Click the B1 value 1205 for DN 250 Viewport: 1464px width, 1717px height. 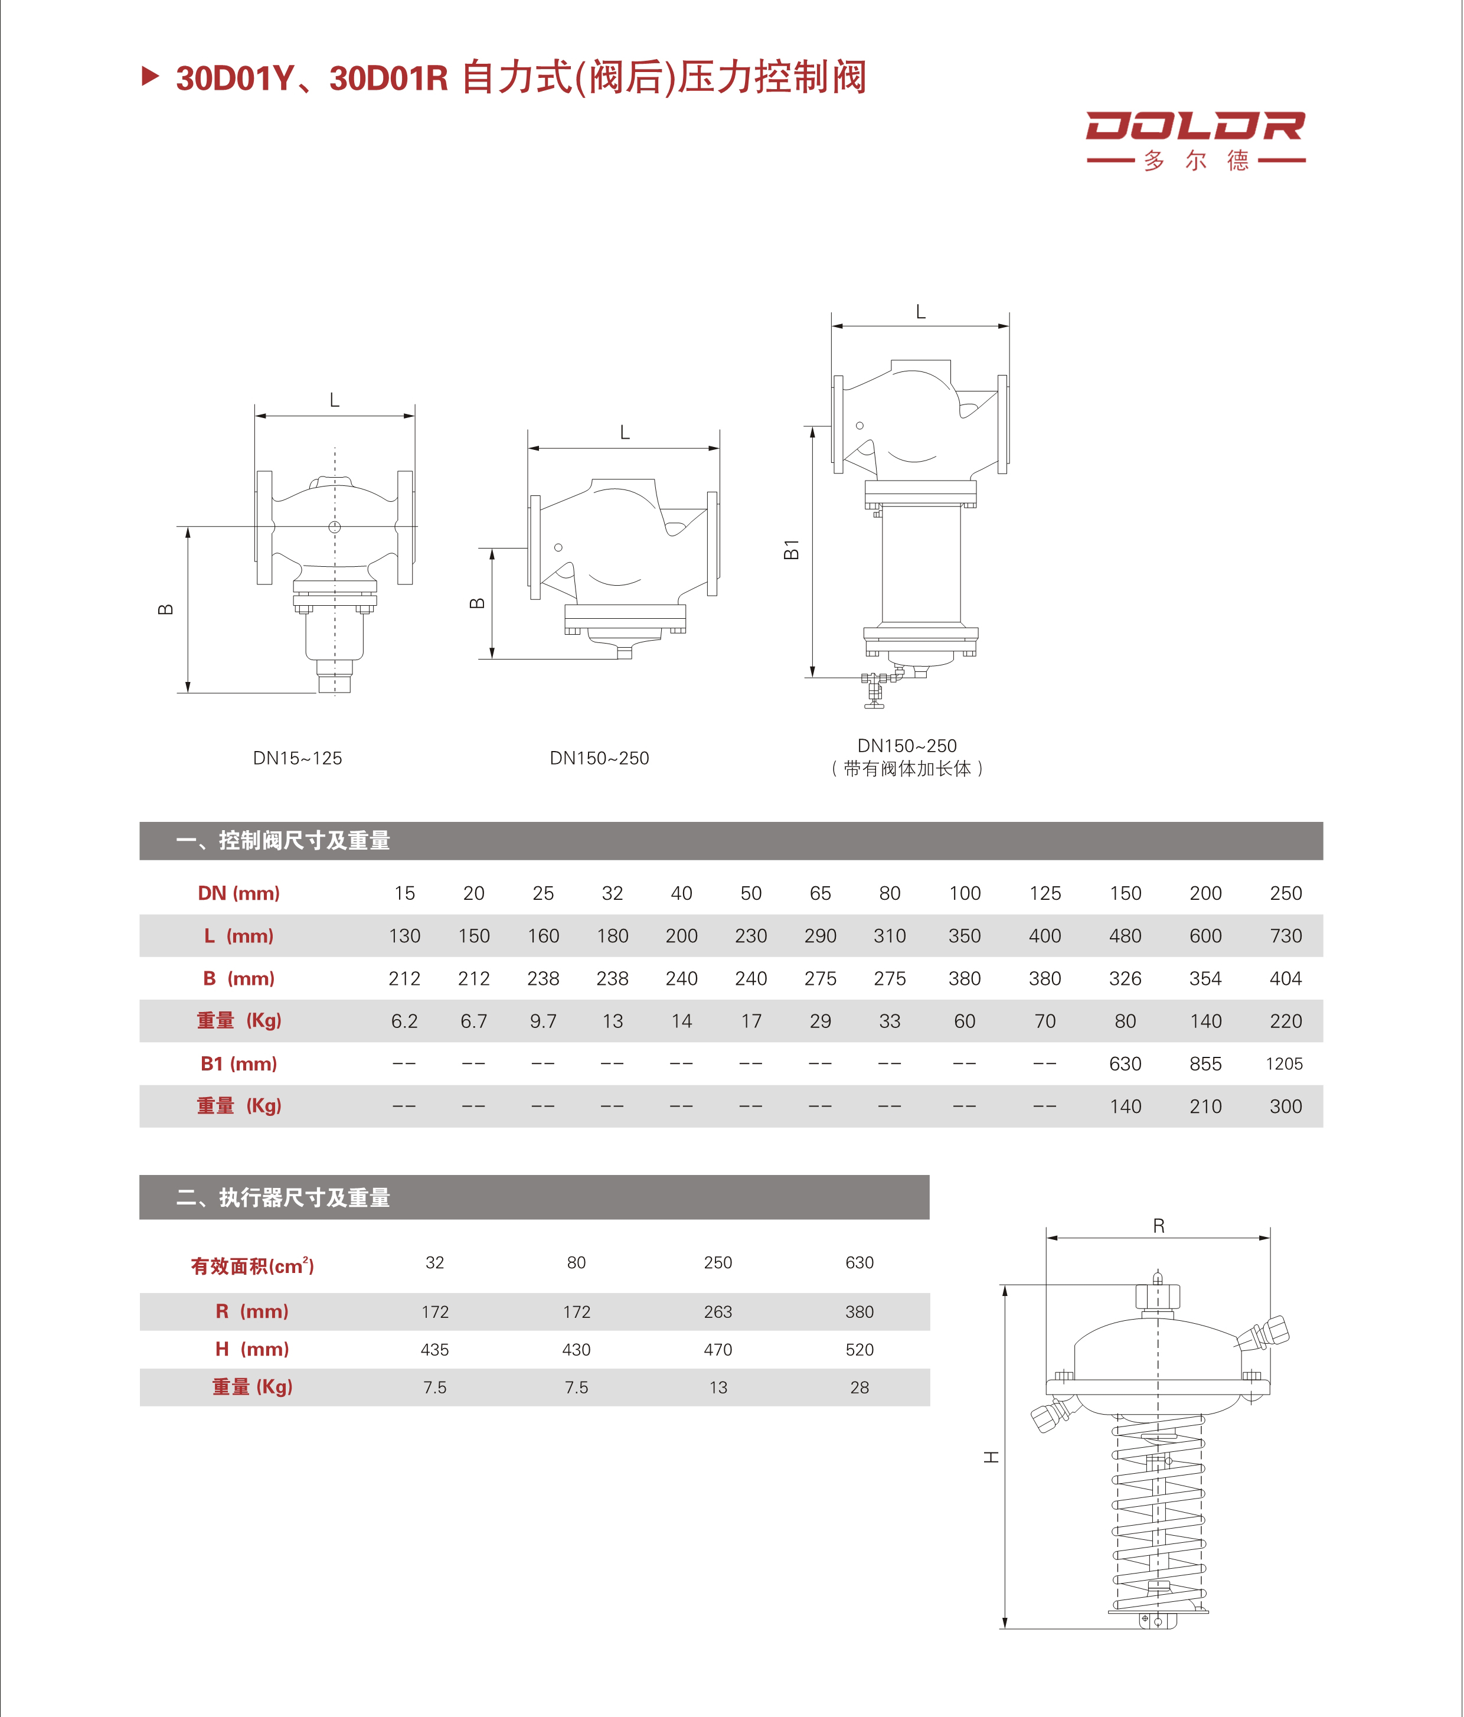(x=1283, y=1063)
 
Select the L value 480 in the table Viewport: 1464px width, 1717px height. (x=1125, y=936)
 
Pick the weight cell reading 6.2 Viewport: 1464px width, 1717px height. (x=404, y=1021)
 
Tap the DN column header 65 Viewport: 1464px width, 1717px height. (x=819, y=893)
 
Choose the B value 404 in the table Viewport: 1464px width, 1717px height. (x=1285, y=979)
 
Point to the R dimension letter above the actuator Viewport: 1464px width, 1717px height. (x=1158, y=1226)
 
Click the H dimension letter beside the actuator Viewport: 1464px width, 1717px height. (x=991, y=1457)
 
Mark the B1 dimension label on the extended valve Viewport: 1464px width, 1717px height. (x=791, y=550)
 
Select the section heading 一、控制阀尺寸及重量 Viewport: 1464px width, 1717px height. (x=283, y=840)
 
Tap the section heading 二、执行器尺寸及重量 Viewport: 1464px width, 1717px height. (x=283, y=1197)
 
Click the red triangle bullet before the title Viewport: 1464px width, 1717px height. (x=150, y=77)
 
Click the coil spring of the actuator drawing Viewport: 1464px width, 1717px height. (x=1158, y=1516)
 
